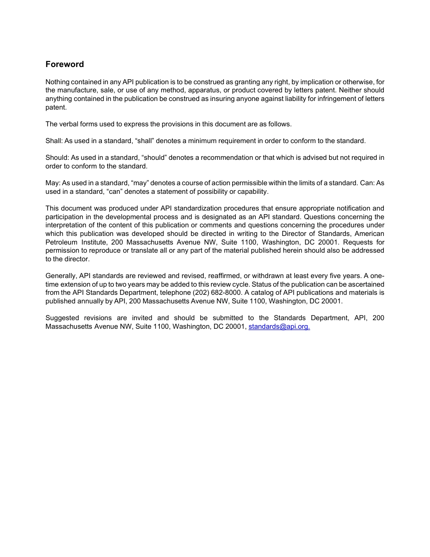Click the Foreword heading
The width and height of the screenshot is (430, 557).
click(64, 64)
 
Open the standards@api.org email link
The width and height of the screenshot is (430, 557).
click(279, 326)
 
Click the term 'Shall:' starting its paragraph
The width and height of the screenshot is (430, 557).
click(54, 141)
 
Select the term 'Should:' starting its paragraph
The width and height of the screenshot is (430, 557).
click(57, 158)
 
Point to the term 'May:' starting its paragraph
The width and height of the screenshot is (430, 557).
click(53, 183)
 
